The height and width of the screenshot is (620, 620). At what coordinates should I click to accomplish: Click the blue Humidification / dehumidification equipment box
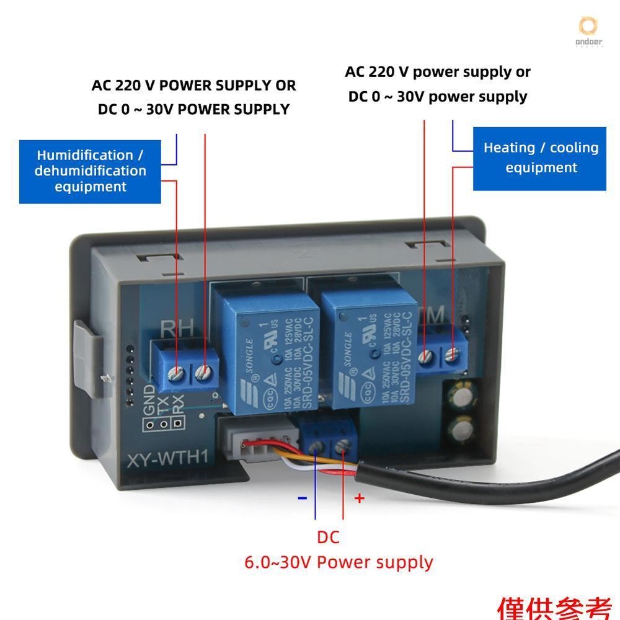(x=90, y=171)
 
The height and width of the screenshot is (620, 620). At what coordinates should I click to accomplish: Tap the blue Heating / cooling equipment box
(x=540, y=158)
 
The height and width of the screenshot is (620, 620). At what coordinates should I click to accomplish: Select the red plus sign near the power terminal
(x=359, y=498)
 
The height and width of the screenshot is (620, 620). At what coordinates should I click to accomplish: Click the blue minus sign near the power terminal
(x=303, y=498)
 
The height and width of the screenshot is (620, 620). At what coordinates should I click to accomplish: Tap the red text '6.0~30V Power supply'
(x=339, y=562)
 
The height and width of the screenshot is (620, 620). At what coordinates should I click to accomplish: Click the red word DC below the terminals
(x=328, y=537)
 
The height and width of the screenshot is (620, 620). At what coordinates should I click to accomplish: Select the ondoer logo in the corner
(x=587, y=30)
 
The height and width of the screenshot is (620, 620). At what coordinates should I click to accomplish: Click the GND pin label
(x=149, y=401)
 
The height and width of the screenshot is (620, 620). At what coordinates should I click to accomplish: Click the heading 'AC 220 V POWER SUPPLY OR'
(x=193, y=85)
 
